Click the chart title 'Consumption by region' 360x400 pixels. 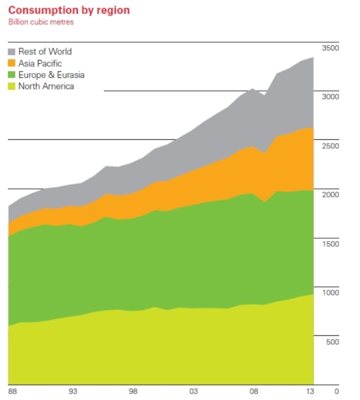coord(69,11)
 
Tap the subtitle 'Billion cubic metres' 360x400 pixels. coord(41,22)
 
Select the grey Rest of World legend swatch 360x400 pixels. coord(12,52)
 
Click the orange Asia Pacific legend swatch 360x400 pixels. coord(12,63)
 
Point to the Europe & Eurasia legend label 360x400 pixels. coord(51,75)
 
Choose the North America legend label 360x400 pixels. coord(46,86)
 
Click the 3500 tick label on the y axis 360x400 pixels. coord(331,48)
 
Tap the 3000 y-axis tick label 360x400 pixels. coord(331,97)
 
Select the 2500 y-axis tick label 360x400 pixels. coord(331,146)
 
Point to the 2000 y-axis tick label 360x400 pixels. coord(331,195)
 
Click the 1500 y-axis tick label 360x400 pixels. coord(331,244)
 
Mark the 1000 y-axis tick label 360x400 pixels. coord(331,292)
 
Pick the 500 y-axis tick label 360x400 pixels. coord(333,342)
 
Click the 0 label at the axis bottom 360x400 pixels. coord(337,391)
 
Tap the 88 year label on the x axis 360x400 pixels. coord(13,391)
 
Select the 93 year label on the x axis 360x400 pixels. coord(73,391)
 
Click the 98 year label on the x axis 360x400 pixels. coord(133,391)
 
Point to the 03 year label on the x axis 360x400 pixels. coord(193,391)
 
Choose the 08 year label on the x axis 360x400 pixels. coord(254,391)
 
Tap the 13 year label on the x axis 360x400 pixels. coord(310,391)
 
